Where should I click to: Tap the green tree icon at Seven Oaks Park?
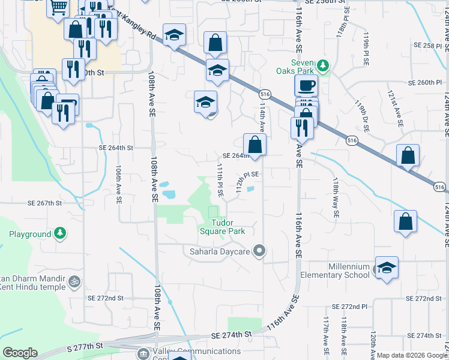[324, 65]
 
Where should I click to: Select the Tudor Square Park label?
[221, 226]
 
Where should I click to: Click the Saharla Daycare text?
[219, 251]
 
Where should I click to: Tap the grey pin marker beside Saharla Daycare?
[259, 250]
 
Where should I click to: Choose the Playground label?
[30, 234]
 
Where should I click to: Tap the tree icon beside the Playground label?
[59, 233]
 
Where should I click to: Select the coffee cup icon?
[306, 85]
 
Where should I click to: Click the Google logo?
[20, 352]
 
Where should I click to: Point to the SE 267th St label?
[44, 203]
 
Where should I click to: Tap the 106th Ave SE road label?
[119, 184]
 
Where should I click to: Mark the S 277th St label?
[85, 346]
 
